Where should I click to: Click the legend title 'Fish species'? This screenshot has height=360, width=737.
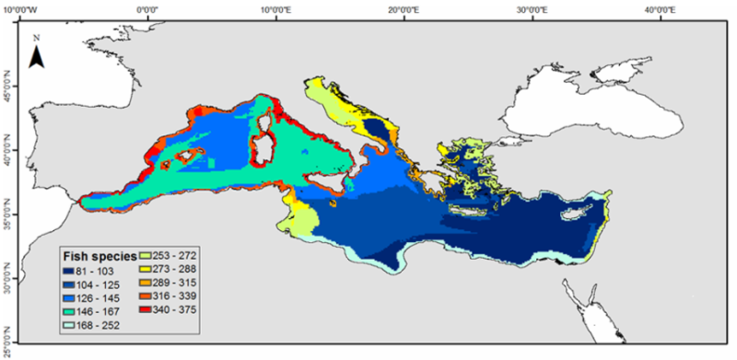tap(99, 255)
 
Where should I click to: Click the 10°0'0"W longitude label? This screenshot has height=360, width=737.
tap(29, 10)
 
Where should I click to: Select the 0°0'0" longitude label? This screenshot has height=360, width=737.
tap(151, 10)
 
